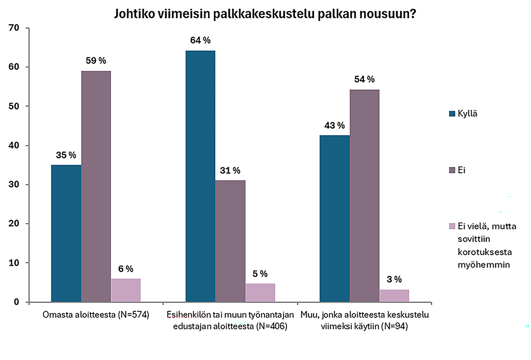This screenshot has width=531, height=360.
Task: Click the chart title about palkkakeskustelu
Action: tap(264, 13)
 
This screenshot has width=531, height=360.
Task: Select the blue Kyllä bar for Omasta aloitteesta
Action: tap(66, 233)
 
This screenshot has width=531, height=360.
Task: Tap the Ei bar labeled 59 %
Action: tap(96, 186)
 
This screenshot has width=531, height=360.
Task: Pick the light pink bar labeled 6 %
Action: tap(126, 290)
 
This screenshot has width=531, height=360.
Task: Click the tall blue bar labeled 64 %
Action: tap(200, 176)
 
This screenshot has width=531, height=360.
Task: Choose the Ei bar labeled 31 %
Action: tap(230, 241)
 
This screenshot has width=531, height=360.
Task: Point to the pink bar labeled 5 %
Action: tap(260, 293)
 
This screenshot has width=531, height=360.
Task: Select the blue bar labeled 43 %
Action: tap(335, 218)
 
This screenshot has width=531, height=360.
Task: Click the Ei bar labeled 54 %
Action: tap(364, 196)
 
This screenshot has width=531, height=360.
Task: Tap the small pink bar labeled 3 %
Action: tap(394, 296)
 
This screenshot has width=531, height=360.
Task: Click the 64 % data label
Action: tap(200, 41)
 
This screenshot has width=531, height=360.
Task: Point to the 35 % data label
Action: tap(66, 155)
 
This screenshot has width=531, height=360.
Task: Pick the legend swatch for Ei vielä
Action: tap(452, 227)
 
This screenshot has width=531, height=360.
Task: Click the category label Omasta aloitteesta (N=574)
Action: tap(96, 315)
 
